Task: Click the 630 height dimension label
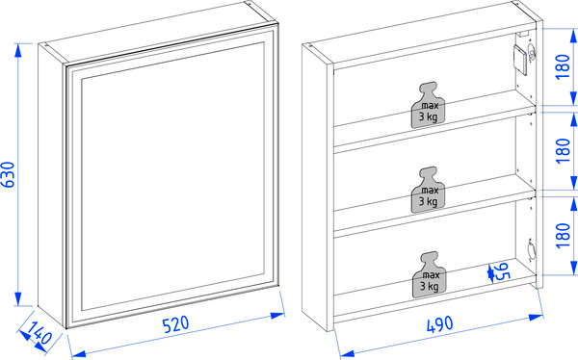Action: click(x=8, y=174)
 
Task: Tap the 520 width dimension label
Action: click(x=176, y=323)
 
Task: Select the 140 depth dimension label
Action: click(x=39, y=333)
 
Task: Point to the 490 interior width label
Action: click(x=440, y=325)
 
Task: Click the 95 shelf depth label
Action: click(x=501, y=272)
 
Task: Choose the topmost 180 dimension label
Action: click(x=563, y=66)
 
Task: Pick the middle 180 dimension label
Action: click(x=563, y=151)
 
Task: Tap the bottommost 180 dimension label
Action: click(x=563, y=236)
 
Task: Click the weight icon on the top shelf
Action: click(x=429, y=105)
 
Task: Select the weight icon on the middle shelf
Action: click(x=429, y=191)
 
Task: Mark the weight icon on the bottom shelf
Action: click(x=429, y=274)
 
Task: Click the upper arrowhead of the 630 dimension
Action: click(x=17, y=50)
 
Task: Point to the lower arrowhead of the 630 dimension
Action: click(x=17, y=298)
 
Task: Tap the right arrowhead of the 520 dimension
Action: click(x=277, y=315)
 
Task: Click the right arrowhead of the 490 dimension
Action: click(x=536, y=317)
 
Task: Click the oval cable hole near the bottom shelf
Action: click(x=532, y=249)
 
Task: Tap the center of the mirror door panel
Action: click(x=172, y=176)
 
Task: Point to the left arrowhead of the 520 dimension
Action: click(x=79, y=354)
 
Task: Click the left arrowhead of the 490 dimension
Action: click(x=347, y=353)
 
